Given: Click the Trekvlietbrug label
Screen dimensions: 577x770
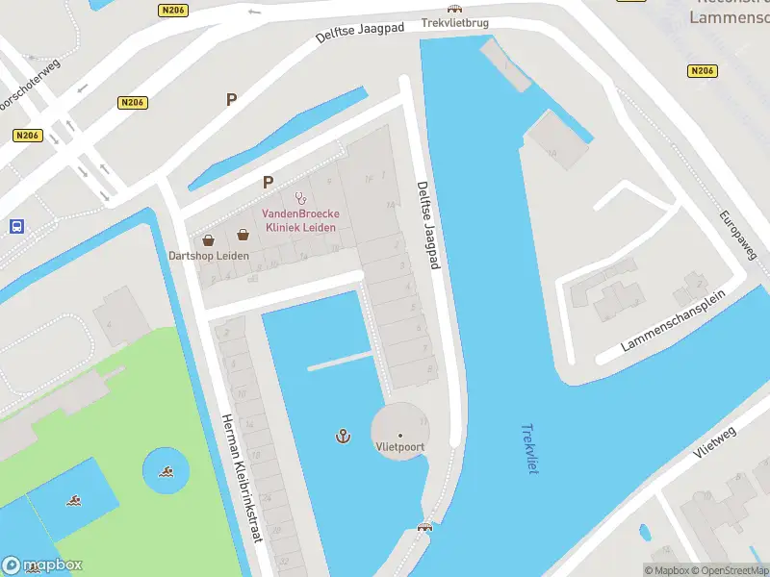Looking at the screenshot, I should coord(454,21).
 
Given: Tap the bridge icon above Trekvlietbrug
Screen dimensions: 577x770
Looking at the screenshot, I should coord(454,8).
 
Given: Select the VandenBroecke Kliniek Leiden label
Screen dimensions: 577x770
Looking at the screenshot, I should coord(299,220).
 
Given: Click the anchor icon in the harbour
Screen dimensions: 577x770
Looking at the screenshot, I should coord(342,437).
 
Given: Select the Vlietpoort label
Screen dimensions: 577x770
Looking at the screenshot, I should coord(400,447).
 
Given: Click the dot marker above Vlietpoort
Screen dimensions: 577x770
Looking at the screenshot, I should coord(400,435).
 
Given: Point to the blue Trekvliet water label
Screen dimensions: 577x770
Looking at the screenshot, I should coord(528,448).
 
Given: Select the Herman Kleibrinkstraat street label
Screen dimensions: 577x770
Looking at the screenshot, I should coord(243,478).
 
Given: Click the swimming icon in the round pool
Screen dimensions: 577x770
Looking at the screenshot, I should coord(167,471).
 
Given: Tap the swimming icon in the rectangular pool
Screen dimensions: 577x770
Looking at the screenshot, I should coord(74,500).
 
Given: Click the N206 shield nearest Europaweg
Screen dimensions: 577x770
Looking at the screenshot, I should coord(702,71).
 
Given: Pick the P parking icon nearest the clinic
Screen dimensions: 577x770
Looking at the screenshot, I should coord(268,181).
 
